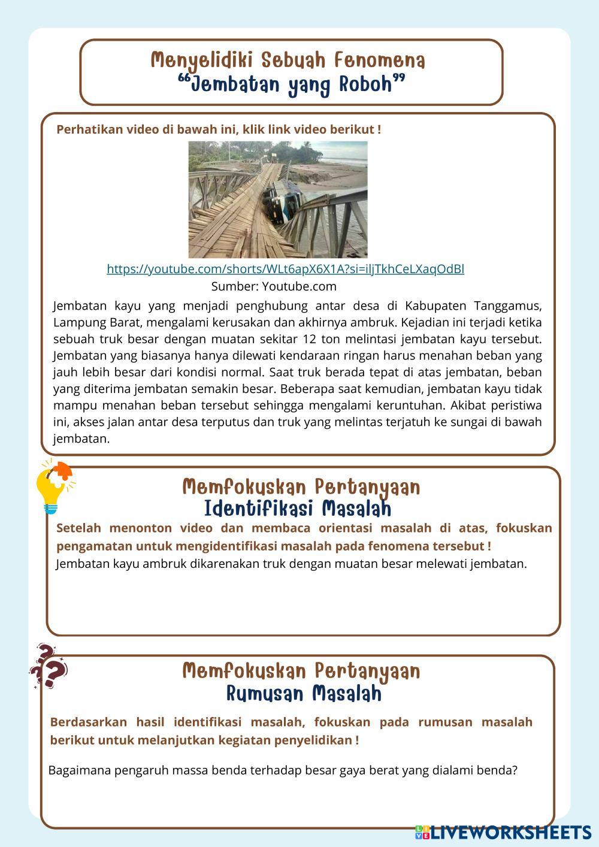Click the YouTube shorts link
click(x=285, y=270)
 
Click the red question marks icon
click(x=49, y=667)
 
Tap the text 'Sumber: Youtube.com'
click(x=274, y=286)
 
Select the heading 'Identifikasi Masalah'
click(x=298, y=509)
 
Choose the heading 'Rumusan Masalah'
click(x=304, y=694)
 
